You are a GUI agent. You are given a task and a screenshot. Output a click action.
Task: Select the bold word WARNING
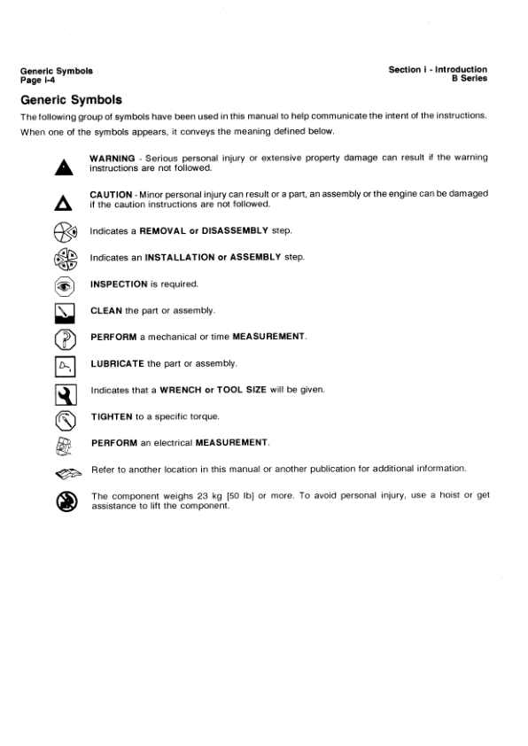(112, 158)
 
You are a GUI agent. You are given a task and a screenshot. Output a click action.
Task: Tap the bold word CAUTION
(111, 193)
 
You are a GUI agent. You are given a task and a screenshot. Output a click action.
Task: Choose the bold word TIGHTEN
(110, 416)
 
